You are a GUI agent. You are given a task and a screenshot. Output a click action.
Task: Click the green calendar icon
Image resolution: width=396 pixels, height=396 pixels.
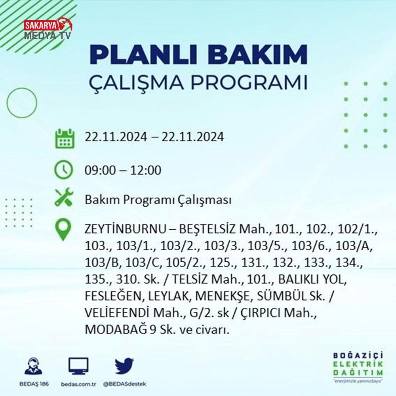(x=65, y=138)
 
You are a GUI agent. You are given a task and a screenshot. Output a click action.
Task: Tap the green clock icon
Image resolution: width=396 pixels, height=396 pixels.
(x=64, y=169)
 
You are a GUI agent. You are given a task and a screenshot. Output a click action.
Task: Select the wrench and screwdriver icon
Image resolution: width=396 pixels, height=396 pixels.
(x=64, y=197)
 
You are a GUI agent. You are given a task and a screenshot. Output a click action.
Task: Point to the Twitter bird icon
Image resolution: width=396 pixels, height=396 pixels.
(x=124, y=366)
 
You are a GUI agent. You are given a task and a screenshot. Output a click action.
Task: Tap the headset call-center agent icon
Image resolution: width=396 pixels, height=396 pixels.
(x=34, y=366)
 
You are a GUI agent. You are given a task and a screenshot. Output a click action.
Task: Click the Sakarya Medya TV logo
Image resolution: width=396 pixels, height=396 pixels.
(x=48, y=29)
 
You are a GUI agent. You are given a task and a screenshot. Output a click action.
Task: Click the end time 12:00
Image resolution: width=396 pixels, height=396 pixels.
(x=146, y=170)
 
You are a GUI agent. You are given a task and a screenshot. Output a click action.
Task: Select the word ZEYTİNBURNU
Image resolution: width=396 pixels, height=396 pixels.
(x=125, y=229)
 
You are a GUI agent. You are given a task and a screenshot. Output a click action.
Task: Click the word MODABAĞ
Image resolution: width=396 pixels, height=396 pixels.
(x=116, y=329)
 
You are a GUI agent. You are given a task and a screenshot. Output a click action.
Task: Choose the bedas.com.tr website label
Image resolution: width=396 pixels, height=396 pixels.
(x=78, y=384)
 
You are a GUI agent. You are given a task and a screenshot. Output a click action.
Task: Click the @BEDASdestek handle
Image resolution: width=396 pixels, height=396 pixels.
(x=125, y=384)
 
